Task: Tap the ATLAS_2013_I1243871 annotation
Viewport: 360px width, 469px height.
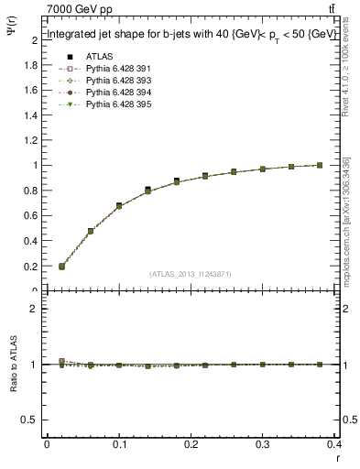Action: click(x=191, y=274)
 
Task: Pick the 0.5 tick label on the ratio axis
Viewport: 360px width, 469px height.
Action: click(x=30, y=420)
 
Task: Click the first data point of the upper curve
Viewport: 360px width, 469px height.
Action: click(x=61, y=267)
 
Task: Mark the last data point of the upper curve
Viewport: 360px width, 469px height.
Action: click(x=320, y=165)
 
